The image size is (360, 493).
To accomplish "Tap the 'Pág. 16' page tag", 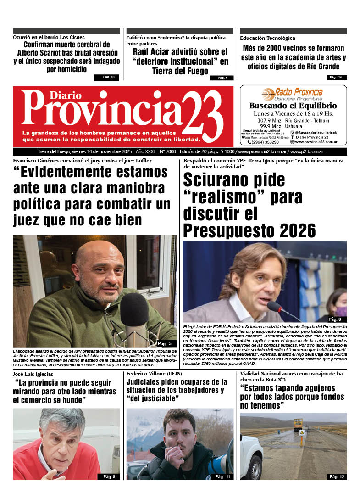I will point(107,77).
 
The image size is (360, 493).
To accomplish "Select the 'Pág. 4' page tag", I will point(222,78).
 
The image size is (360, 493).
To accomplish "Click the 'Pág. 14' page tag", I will point(337,77).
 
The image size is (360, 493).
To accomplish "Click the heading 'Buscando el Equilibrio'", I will point(293,106).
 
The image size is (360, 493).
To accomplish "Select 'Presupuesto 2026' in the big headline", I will point(249,229).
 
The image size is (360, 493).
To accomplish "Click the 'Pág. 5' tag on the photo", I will point(164,343).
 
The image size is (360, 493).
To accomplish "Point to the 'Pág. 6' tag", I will point(335,319).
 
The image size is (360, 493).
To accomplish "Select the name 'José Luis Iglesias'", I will point(33,374).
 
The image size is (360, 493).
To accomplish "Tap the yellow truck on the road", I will point(298,424).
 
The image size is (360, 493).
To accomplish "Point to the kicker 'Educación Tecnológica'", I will point(267,38).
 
